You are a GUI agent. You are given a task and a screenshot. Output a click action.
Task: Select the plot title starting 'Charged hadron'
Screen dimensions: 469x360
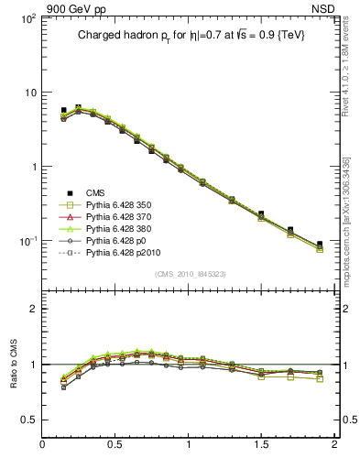coord(191,35)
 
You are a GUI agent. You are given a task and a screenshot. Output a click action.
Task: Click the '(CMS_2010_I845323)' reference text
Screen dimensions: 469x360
coord(191,273)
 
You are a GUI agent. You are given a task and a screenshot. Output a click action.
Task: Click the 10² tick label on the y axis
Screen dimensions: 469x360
coord(26,18)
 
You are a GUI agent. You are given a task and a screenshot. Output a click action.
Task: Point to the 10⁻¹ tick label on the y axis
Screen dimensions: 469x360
coord(26,241)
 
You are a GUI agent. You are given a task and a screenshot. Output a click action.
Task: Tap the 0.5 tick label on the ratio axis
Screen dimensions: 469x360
coord(27,419)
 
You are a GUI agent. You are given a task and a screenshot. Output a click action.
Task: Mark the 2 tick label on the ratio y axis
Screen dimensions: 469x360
coord(32,309)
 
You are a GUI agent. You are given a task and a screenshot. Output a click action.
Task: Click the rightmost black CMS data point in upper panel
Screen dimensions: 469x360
coord(320,245)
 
